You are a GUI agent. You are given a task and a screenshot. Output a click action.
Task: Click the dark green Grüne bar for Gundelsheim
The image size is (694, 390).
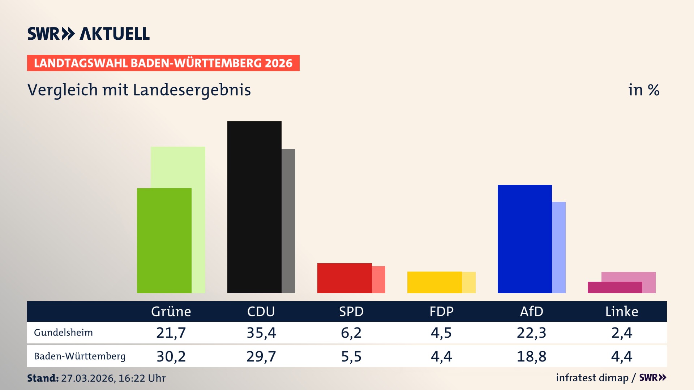pyautogui.click(x=164, y=240)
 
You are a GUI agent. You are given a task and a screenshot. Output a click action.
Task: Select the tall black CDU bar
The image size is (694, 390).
pyautogui.click(x=254, y=207)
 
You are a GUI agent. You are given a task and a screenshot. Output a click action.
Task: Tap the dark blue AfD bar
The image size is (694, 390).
pyautogui.click(x=524, y=239)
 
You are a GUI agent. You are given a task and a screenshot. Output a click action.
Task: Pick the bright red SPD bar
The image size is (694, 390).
pyautogui.click(x=344, y=278)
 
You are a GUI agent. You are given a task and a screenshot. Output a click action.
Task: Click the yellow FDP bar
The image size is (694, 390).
pyautogui.click(x=434, y=282)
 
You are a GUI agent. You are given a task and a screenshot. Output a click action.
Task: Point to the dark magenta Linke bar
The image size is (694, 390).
pyautogui.click(x=614, y=287)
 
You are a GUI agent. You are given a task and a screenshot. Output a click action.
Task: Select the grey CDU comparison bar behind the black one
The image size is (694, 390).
pyautogui.click(x=288, y=221)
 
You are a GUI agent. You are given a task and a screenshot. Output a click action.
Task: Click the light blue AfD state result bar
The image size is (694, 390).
pyautogui.click(x=559, y=247)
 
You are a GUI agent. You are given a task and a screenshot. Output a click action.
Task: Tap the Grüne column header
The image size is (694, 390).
pyautogui.click(x=171, y=312)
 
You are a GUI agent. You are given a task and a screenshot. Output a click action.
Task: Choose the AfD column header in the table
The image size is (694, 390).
pyautogui.click(x=531, y=312)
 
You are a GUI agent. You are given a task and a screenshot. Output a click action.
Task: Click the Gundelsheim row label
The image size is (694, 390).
pyautogui.click(x=63, y=333)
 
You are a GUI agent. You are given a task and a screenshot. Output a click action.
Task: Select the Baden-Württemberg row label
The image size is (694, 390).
pyautogui.click(x=80, y=356)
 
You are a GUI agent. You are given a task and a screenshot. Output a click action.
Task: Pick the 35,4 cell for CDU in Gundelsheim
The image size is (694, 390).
pyautogui.click(x=261, y=333)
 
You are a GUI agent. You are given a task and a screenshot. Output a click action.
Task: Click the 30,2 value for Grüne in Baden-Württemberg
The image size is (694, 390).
pyautogui.click(x=171, y=356)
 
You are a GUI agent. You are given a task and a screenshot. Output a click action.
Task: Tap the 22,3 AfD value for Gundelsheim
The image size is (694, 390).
pyautogui.click(x=531, y=333)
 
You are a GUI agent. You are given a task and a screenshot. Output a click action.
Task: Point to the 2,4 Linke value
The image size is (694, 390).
pyautogui.click(x=621, y=333)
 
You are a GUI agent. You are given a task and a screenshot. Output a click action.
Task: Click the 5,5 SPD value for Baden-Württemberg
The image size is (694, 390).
pyautogui.click(x=351, y=356)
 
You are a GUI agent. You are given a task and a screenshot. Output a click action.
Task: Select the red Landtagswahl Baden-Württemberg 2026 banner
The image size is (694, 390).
pyautogui.click(x=163, y=63)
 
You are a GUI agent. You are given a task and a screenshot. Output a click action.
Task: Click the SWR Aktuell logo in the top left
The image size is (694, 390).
pyautogui.click(x=89, y=34)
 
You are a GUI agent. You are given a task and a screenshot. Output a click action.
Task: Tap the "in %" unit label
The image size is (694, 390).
pyautogui.click(x=644, y=90)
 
